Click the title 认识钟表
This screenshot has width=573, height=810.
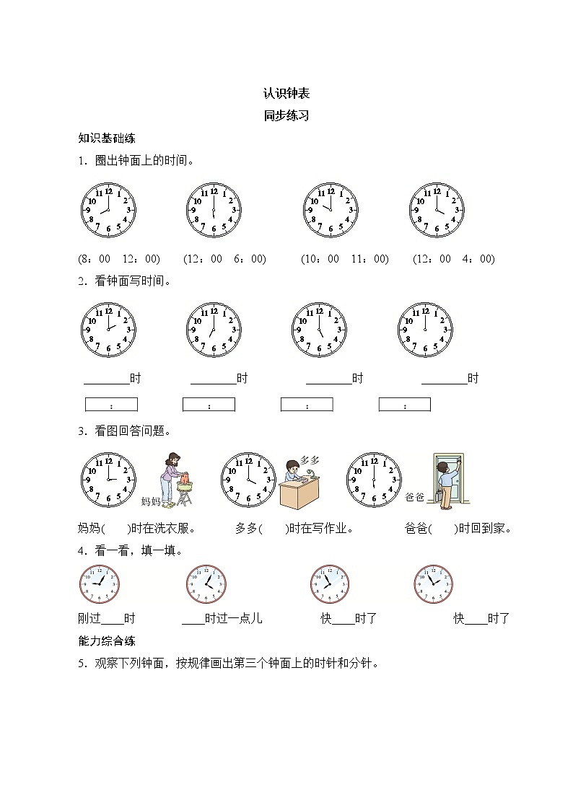tap(286, 93)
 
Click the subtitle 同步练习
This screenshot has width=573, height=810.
tap(286, 115)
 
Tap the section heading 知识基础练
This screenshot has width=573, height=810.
tap(107, 138)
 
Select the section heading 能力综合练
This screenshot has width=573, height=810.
tap(107, 640)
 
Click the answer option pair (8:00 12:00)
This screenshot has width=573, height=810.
tap(118, 259)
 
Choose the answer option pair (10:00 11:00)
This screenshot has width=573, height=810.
tap(345, 259)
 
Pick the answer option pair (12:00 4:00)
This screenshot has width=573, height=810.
tap(453, 259)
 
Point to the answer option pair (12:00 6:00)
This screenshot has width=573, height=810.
tap(224, 259)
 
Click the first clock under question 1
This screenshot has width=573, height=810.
tap(108, 210)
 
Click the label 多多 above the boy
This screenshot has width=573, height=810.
tap(310, 459)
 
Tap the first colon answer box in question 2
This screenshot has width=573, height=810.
tap(111, 405)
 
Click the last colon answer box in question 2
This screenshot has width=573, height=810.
tap(404, 405)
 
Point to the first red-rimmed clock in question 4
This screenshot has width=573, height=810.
tap(99, 583)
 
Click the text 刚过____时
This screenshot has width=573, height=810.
tap(106, 618)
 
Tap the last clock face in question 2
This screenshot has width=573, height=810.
tap(425, 329)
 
